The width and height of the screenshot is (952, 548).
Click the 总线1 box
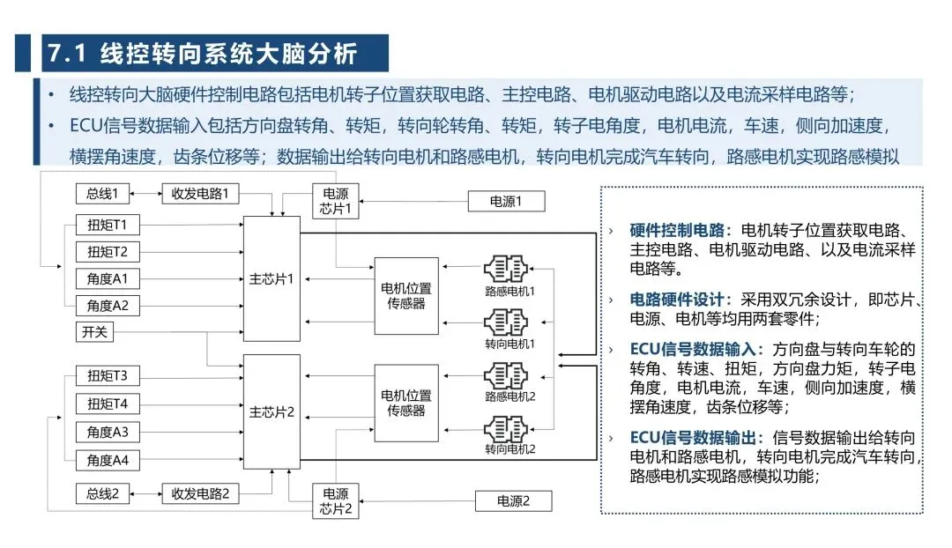[x=103, y=193]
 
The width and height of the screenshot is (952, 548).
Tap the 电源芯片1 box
[x=336, y=202]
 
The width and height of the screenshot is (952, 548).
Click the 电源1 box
[x=506, y=202]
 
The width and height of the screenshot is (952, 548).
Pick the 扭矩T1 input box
[x=108, y=226]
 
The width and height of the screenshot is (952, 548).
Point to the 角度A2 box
[x=108, y=306]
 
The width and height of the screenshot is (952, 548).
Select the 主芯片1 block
[x=271, y=278]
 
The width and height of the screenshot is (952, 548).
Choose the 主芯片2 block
[x=271, y=411]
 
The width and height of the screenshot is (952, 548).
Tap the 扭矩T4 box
[x=108, y=404]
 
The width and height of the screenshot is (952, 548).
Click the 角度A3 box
[x=108, y=432]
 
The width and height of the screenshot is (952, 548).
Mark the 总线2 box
[x=103, y=493]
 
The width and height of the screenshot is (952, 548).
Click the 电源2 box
[x=512, y=501]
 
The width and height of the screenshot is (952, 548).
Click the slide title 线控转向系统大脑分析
[x=229, y=53]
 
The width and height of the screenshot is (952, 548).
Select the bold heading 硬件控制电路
[x=680, y=231]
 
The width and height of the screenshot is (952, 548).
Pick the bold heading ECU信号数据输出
[x=695, y=438]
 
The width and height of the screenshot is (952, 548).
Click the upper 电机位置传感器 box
[x=406, y=295]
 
